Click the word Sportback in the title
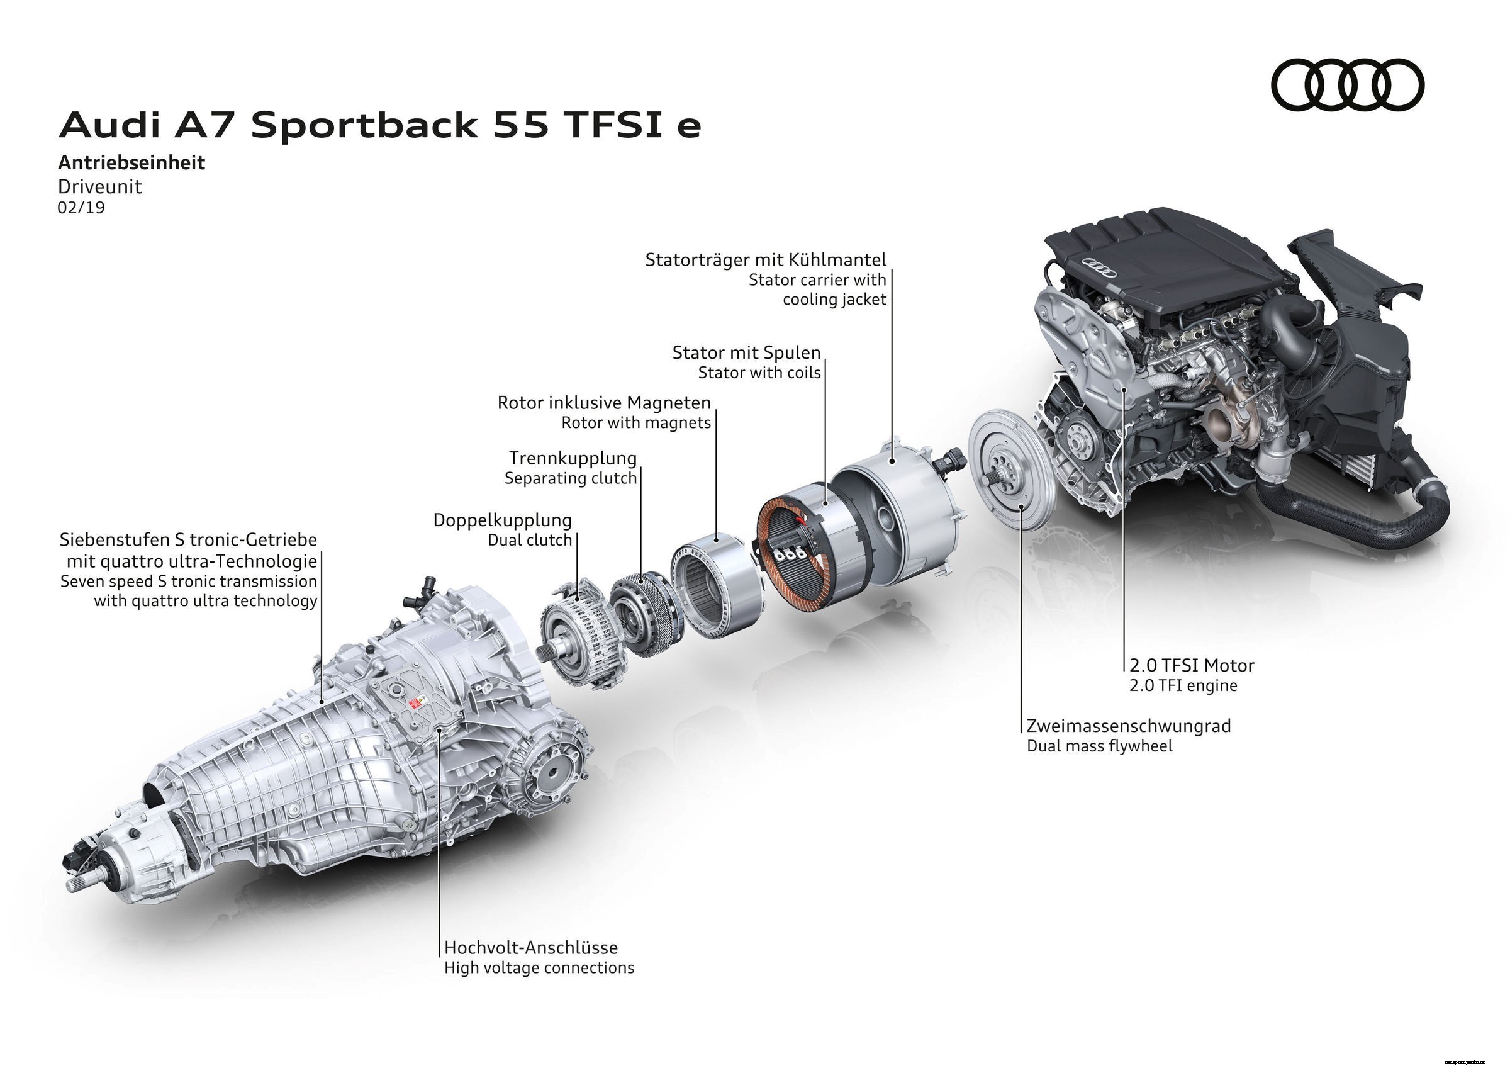point(364,126)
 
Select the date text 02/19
point(81,208)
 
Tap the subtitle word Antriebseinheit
point(131,162)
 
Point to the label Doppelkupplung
point(503,520)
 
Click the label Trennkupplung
point(573,458)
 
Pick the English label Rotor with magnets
point(636,422)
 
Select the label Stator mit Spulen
point(746,352)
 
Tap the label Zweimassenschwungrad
point(1129,726)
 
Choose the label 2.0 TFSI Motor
point(1192,665)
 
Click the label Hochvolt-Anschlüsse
point(531,948)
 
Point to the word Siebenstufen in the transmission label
point(115,540)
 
